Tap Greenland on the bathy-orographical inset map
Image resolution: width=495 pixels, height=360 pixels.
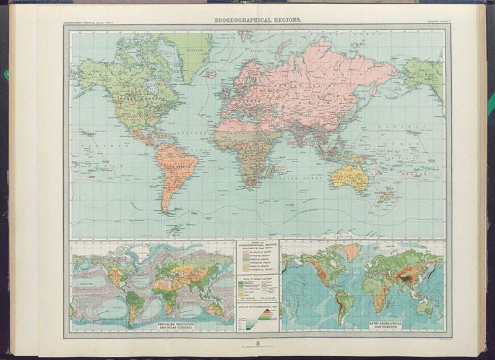(350, 251)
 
